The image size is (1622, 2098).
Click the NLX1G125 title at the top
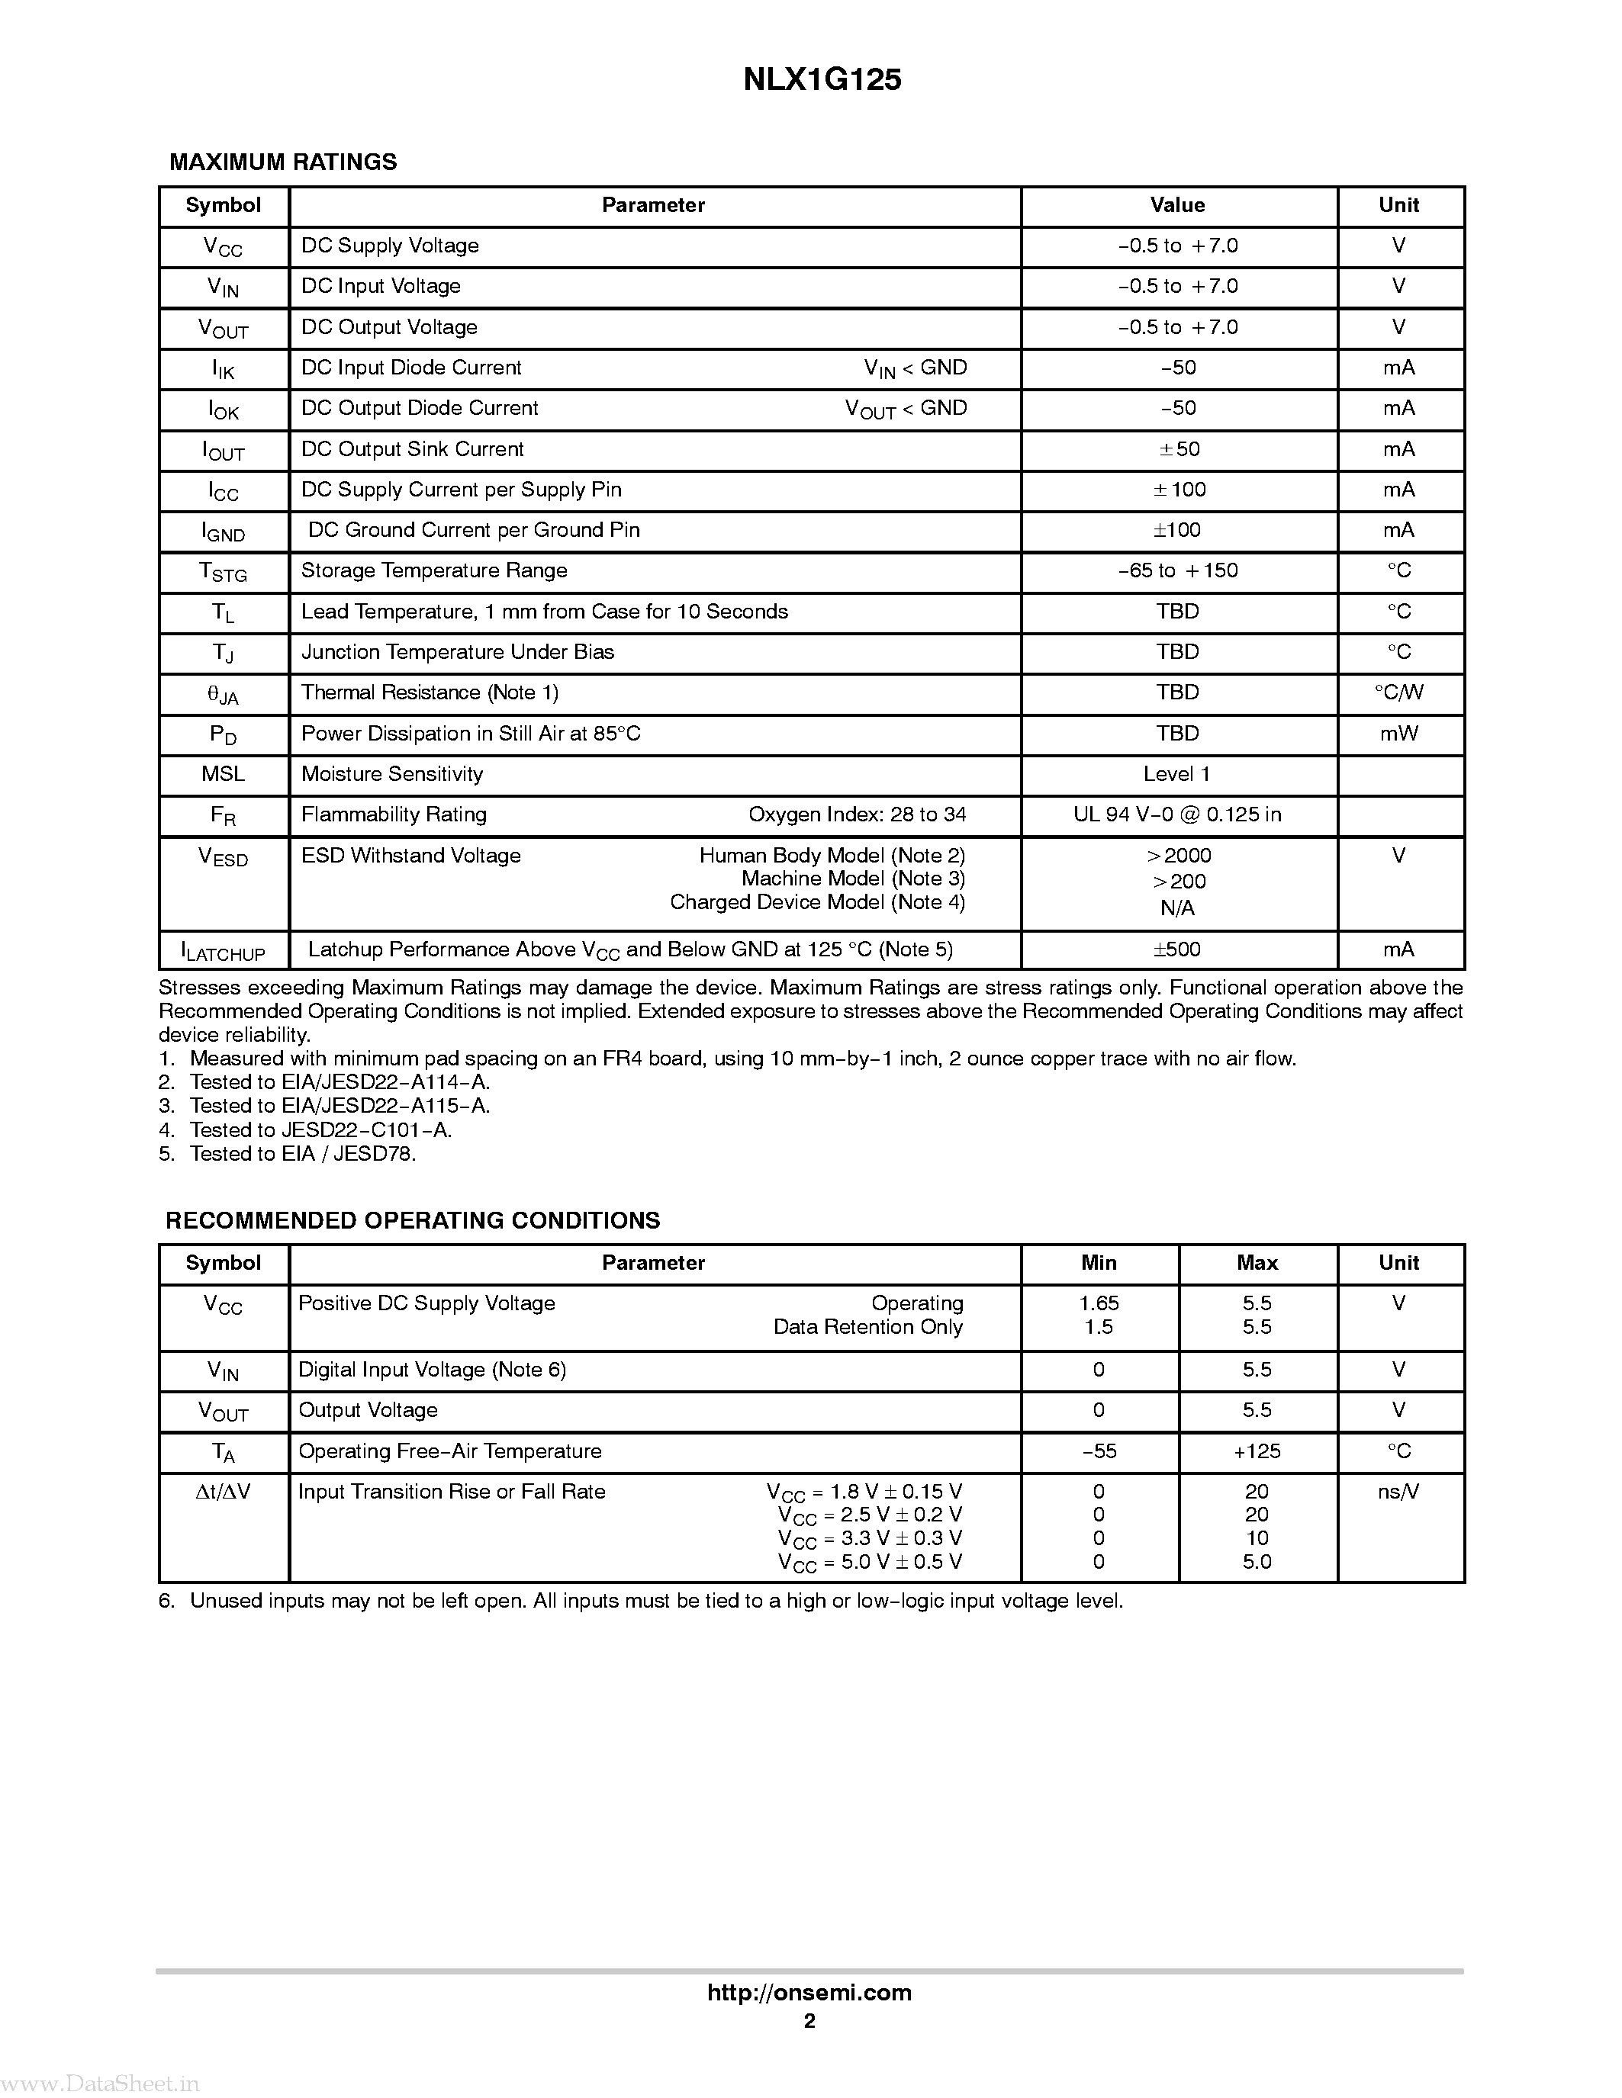(x=822, y=81)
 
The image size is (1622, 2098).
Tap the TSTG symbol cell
(x=223, y=573)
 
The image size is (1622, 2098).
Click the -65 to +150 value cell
(x=1177, y=570)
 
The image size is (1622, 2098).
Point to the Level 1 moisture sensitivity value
(x=1177, y=774)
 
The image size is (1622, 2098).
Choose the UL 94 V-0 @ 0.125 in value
(x=1177, y=814)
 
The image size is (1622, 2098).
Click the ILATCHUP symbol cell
(x=223, y=951)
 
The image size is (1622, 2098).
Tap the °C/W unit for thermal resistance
(x=1398, y=692)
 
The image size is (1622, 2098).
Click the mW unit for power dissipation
(x=1398, y=734)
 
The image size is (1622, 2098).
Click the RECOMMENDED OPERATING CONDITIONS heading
(x=414, y=1221)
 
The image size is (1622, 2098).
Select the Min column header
(x=1099, y=1263)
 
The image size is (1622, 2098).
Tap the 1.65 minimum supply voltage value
(x=1099, y=1303)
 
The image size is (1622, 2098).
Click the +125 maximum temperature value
(x=1256, y=1451)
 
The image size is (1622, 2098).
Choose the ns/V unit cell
(x=1398, y=1492)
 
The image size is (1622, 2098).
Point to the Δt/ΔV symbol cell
(x=223, y=1492)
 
